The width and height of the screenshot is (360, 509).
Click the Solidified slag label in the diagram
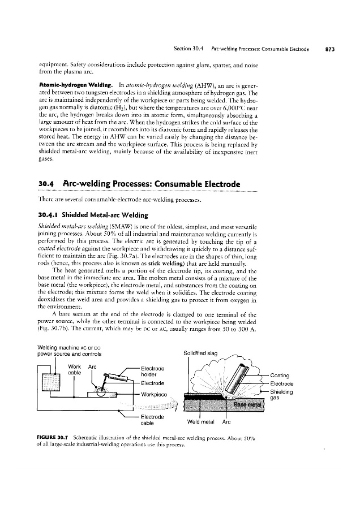click(x=202, y=354)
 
